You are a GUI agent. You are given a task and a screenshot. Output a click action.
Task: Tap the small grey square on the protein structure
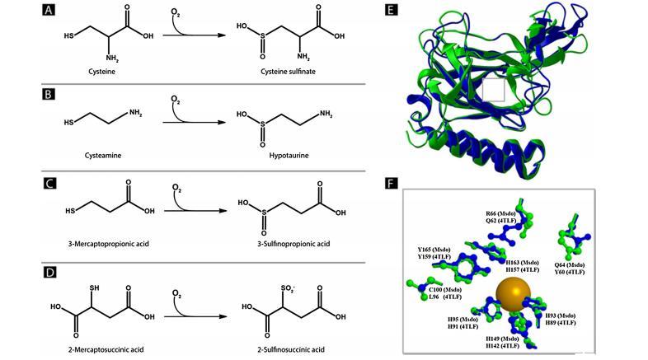[495, 91]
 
